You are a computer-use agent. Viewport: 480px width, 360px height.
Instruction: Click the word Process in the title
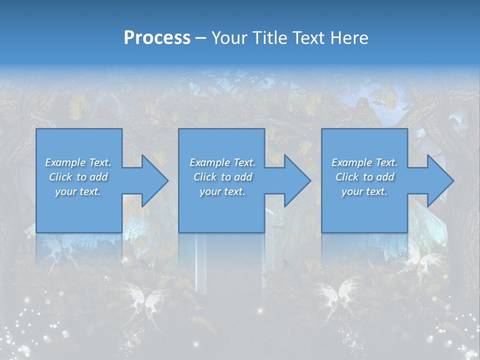[x=157, y=38]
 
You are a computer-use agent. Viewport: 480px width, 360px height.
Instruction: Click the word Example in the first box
[x=65, y=162]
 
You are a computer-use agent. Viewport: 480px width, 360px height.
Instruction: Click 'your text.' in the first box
[x=78, y=191]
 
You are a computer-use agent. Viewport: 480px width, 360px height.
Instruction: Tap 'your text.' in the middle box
[x=222, y=191]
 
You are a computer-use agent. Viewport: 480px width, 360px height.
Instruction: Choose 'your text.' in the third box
[x=364, y=191]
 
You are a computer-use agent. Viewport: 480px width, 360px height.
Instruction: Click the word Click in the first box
[x=60, y=177]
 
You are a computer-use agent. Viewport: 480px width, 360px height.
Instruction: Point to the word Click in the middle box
[x=204, y=177]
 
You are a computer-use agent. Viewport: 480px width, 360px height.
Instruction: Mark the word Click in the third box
[x=346, y=177]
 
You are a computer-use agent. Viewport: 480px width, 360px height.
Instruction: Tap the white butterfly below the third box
[x=345, y=295]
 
